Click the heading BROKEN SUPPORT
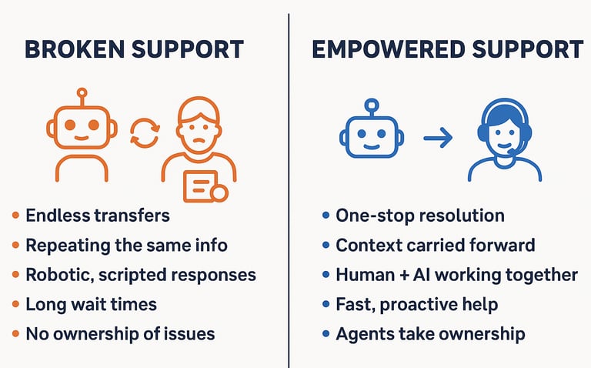coord(135,49)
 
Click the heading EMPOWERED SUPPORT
coord(447,49)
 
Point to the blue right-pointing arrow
coord(438,139)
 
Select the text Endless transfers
coord(97,216)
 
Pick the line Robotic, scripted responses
coord(141,275)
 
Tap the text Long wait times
coord(91,304)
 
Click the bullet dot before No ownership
coord(15,334)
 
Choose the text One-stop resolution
coord(420,216)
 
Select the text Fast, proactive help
coord(416,304)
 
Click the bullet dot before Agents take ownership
coord(326,334)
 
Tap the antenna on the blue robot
coord(371,105)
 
